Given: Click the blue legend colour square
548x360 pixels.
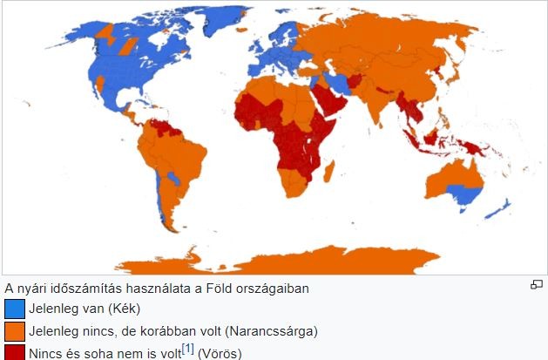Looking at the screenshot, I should coord(15,309).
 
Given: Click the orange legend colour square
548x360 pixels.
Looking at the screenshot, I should coord(15,331).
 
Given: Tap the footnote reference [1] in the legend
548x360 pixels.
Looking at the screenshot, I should coord(187,350).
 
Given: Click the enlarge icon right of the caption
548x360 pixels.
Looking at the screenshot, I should coord(537,285).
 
